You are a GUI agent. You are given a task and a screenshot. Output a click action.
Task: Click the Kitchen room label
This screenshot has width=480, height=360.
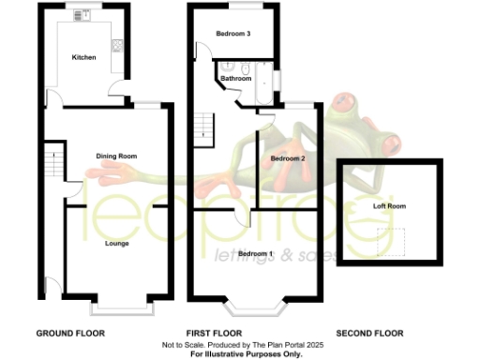[84, 58]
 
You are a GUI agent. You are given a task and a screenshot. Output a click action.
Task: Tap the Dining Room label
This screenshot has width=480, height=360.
[117, 156]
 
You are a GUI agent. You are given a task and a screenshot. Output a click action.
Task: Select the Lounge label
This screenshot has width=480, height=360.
[117, 244]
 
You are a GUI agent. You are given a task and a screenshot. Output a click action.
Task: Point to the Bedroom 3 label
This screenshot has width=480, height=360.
[232, 34]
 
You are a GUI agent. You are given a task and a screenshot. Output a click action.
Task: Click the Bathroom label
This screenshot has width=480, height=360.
[236, 79]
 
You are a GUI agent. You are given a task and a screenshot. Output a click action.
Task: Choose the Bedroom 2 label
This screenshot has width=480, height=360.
[288, 159]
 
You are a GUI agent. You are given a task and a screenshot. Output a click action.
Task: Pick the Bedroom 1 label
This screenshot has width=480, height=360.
[255, 254]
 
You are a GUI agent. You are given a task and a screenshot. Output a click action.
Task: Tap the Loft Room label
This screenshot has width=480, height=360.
[389, 205]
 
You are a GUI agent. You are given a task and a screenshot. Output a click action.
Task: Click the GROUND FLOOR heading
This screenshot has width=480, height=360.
[70, 334]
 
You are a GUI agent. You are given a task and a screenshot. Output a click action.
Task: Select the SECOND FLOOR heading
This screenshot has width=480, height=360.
[369, 334]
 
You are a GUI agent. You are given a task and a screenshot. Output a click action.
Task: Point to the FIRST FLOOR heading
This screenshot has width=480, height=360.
[215, 334]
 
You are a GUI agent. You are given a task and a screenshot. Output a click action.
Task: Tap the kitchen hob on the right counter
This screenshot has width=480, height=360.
[116, 45]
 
